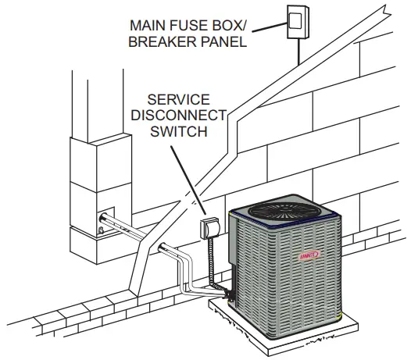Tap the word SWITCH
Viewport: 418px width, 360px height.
pos(179,132)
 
